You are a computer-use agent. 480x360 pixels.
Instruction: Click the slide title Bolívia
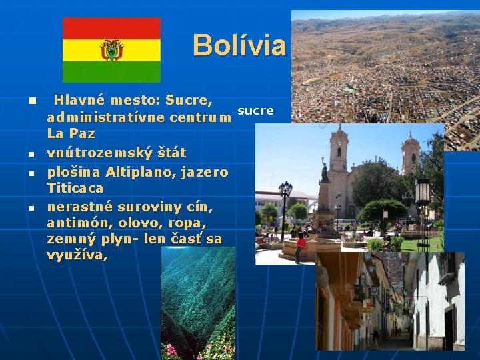[x=239, y=45]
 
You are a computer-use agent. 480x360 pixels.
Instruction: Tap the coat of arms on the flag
[x=111, y=50]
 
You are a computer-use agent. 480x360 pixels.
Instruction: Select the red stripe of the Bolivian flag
[x=111, y=28]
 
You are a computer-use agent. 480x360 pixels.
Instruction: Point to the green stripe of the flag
[x=111, y=71]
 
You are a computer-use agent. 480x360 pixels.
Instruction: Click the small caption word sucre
[x=255, y=111]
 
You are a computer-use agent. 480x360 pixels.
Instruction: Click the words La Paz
[x=71, y=133]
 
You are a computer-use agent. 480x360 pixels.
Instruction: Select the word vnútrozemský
[x=93, y=153]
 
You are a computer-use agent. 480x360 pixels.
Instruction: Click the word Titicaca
[x=75, y=188]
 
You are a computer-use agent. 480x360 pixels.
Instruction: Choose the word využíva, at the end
[x=77, y=255]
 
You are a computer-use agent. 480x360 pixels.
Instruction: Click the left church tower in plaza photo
[x=338, y=150]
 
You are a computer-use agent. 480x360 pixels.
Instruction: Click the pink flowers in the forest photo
[x=172, y=349]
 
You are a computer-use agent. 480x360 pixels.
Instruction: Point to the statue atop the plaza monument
[x=325, y=171]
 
